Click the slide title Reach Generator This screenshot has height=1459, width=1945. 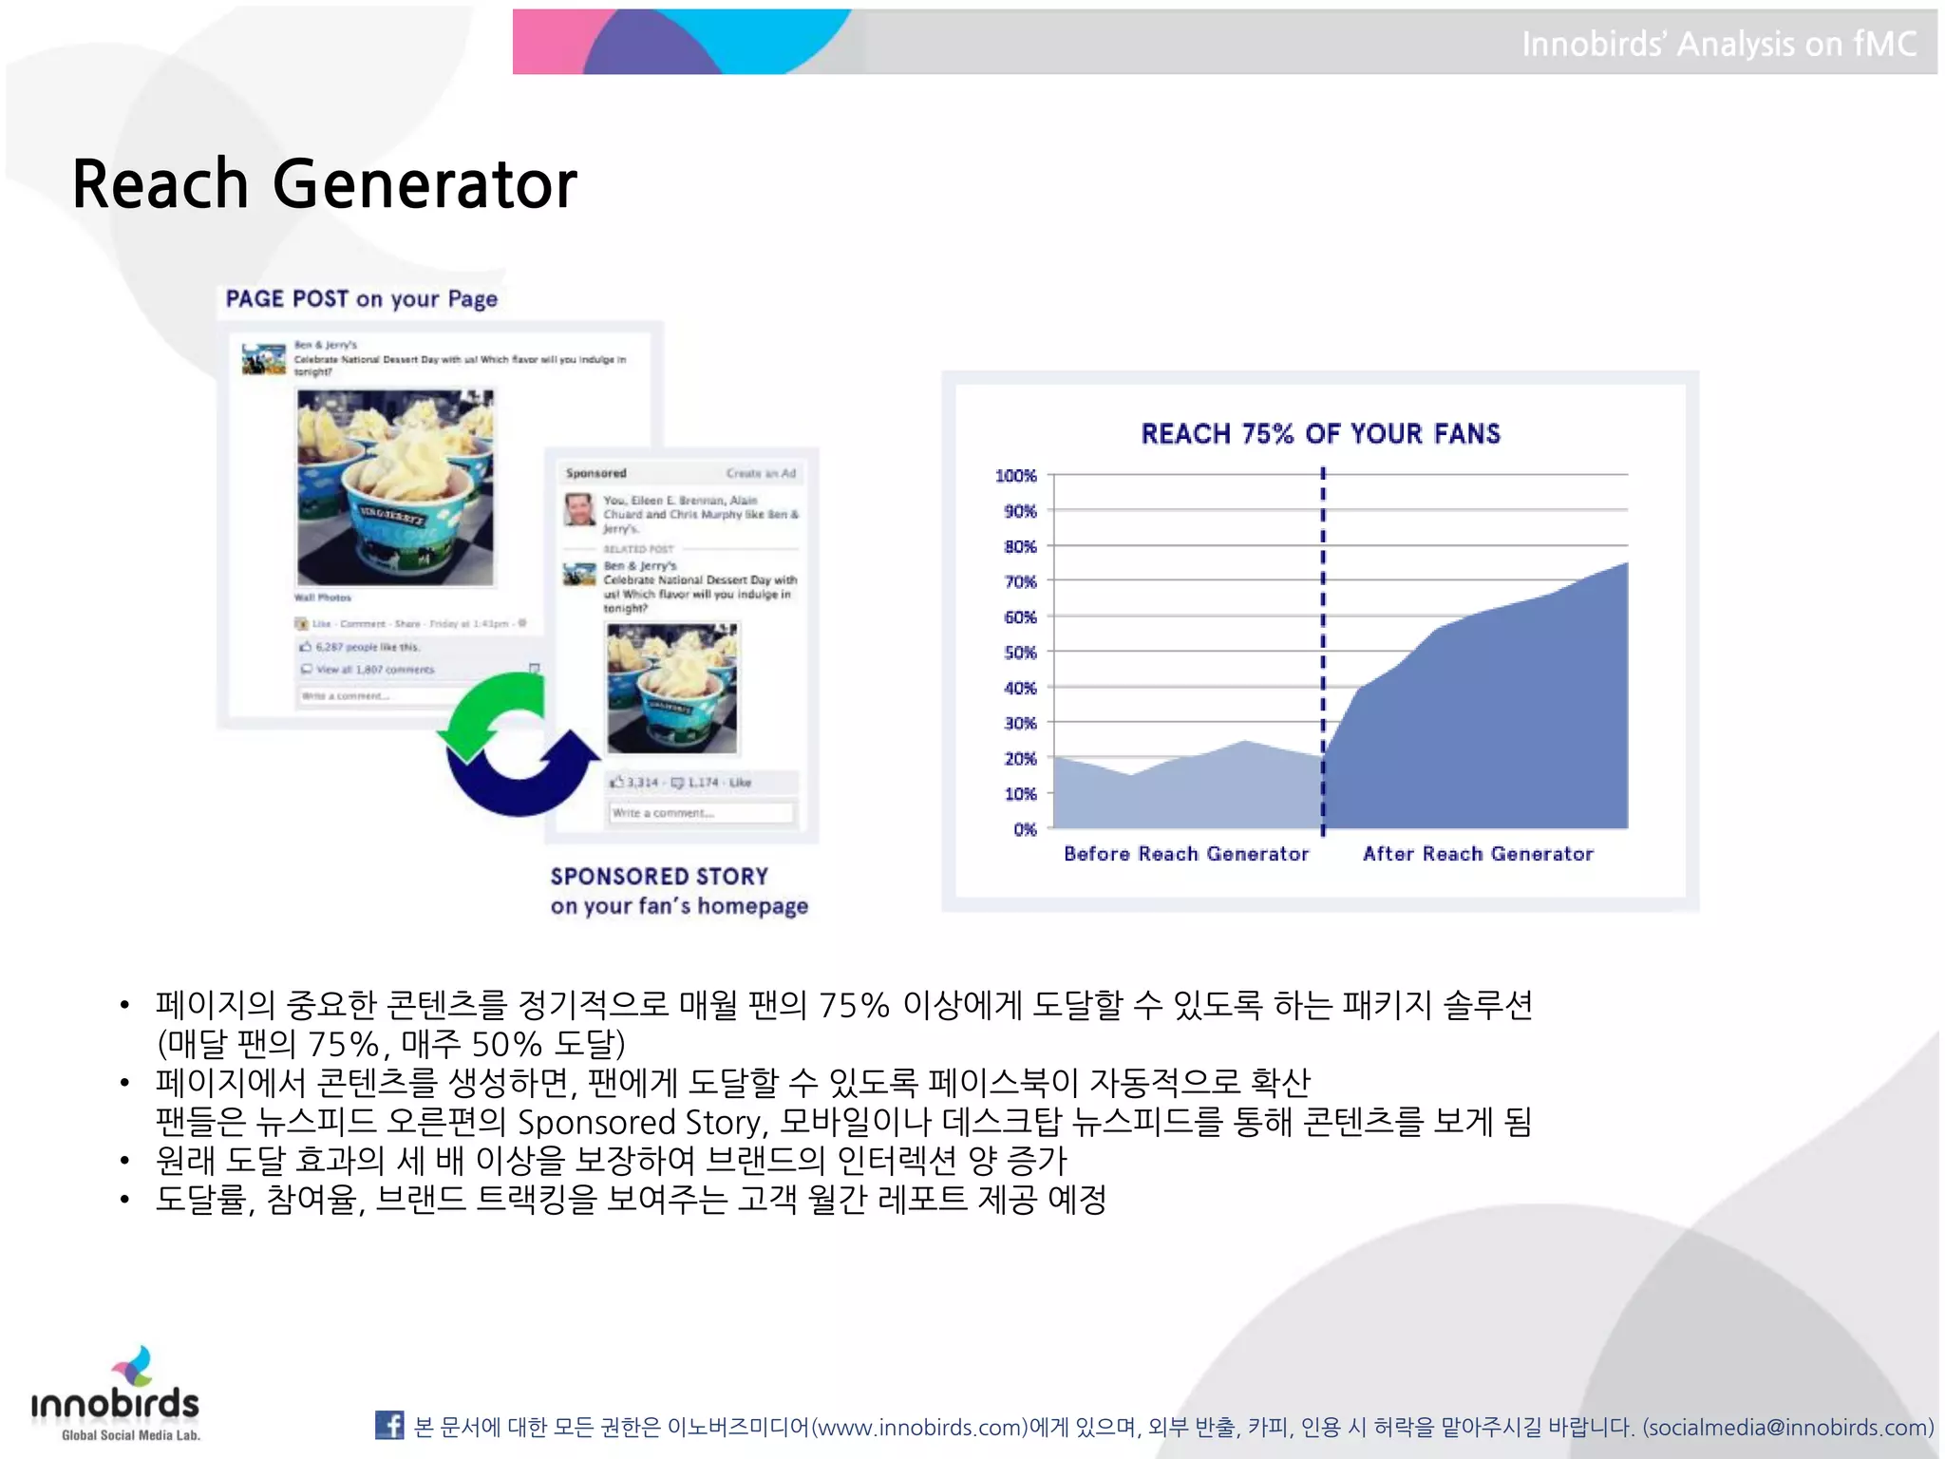pyautogui.click(x=324, y=183)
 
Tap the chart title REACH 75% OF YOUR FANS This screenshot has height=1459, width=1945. pyautogui.click(x=1320, y=434)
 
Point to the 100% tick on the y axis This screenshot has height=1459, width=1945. pyautogui.click(x=1015, y=475)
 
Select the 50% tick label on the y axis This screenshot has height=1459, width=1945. pyautogui.click(x=1020, y=653)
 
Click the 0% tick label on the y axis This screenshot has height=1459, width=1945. pyautogui.click(x=1025, y=829)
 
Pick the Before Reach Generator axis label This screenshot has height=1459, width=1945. pyautogui.click(x=1185, y=853)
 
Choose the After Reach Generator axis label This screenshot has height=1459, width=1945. pyautogui.click(x=1478, y=853)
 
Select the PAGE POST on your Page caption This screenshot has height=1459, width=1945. pyautogui.click(x=361, y=299)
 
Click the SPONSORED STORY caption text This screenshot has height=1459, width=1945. pyautogui.click(x=659, y=876)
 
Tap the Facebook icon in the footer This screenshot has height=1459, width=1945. pyautogui.click(x=389, y=1425)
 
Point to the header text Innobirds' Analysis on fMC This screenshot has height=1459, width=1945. pyautogui.click(x=1718, y=44)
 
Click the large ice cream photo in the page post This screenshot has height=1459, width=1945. pyautogui.click(x=395, y=486)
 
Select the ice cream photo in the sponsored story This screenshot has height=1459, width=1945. pyautogui.click(x=672, y=688)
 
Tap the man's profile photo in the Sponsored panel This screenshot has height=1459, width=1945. pyautogui.click(x=579, y=510)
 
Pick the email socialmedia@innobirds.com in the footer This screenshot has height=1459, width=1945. pyautogui.click(x=1787, y=1427)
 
